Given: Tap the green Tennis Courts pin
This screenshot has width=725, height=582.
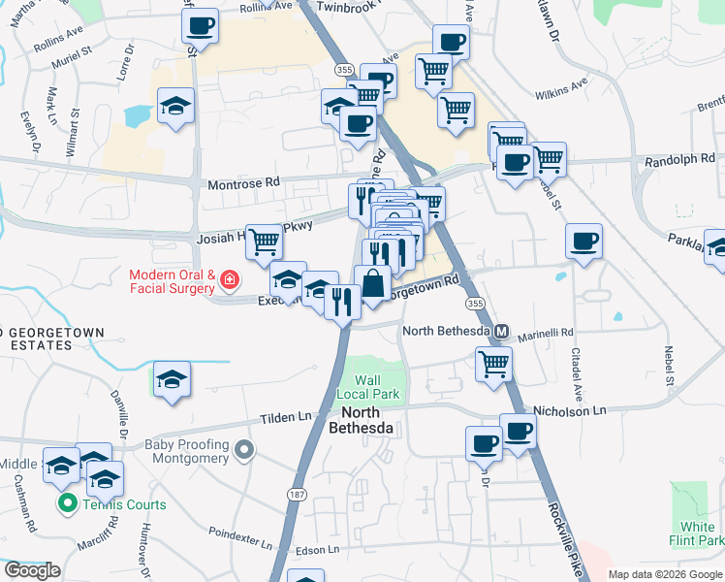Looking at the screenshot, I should click(x=67, y=503).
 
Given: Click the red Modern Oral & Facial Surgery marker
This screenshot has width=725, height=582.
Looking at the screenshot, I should click(x=229, y=281).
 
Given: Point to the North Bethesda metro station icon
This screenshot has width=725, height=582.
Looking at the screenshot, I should click(x=502, y=331).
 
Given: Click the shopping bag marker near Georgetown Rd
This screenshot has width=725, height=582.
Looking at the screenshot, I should click(x=372, y=283).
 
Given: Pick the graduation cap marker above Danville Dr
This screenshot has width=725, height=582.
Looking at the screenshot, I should click(x=172, y=379).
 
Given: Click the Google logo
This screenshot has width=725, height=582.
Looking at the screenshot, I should click(x=32, y=570).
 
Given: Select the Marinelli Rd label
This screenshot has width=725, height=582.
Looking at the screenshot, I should click(x=546, y=331).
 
